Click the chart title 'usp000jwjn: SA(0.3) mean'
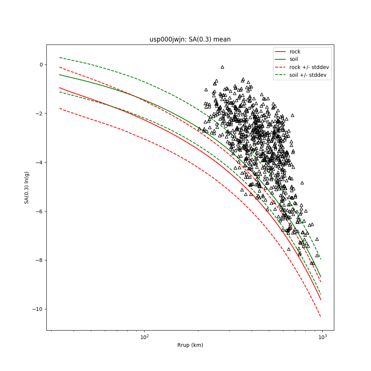point(190,39)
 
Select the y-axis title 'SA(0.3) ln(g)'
point(27,187)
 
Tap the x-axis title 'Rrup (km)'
point(190,345)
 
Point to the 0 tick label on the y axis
point(41,65)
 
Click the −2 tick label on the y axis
point(39,114)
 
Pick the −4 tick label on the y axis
point(39,162)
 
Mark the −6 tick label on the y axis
point(39,211)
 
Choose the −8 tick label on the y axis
point(39,260)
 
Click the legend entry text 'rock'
point(295,52)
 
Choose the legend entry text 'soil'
point(294,59)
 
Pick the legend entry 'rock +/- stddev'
point(309,67)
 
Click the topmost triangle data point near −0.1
point(222,67)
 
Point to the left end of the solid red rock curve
point(60,88)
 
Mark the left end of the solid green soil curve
point(60,75)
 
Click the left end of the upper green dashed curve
point(60,58)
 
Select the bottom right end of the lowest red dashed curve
point(321,316)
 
